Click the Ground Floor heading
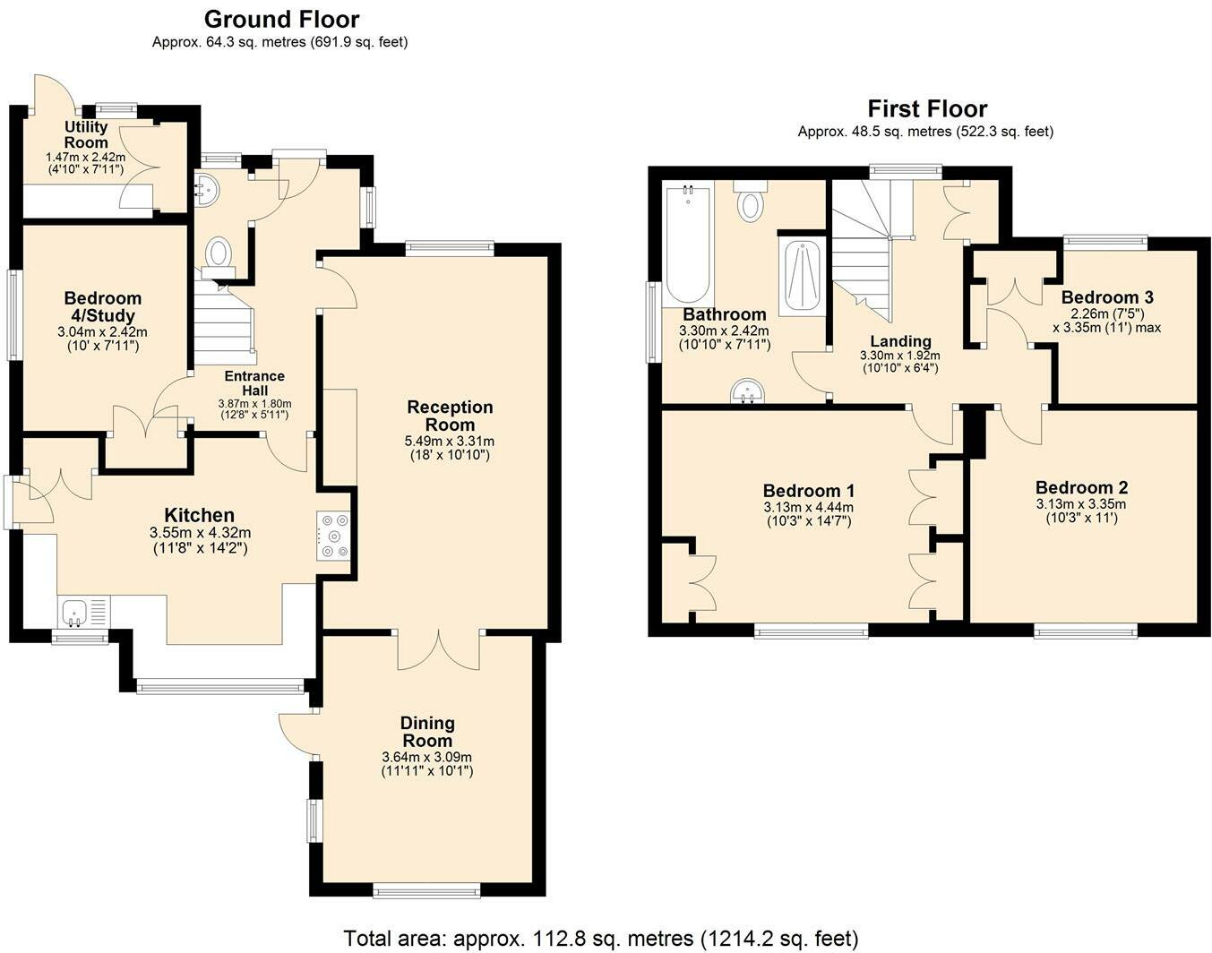[281, 20]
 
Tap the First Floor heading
[927, 108]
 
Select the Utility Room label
[86, 134]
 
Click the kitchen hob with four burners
[333, 535]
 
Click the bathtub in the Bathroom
[687, 244]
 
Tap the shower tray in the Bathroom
[802, 276]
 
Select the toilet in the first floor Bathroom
[751, 202]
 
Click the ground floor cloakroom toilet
[218, 258]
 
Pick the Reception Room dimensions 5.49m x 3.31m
[450, 442]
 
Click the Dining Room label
[427, 732]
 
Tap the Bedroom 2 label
[1081, 487]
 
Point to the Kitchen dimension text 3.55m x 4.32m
[200, 532]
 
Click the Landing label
[900, 340]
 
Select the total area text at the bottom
[601, 939]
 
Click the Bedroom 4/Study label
[102, 306]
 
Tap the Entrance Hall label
[254, 383]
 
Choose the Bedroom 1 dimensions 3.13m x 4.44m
[809, 507]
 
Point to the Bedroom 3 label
[1107, 296]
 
